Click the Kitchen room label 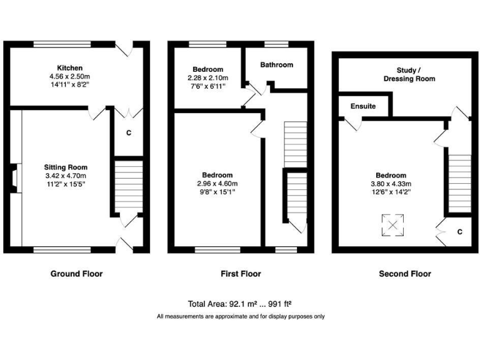pyautogui.click(x=69, y=67)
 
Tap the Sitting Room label pyautogui.click(x=66, y=167)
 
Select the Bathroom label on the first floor pyautogui.click(x=276, y=65)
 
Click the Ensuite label pyautogui.click(x=362, y=106)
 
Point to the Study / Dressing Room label pyautogui.click(x=407, y=74)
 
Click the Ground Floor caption pyautogui.click(x=77, y=274)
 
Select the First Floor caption pyautogui.click(x=241, y=274)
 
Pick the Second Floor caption pyautogui.click(x=405, y=274)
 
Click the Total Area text pyautogui.click(x=240, y=304)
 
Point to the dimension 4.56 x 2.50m pyautogui.click(x=69, y=76)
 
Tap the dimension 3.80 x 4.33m pyautogui.click(x=391, y=184)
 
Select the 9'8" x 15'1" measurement pyautogui.click(x=217, y=192)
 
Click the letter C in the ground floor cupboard pyautogui.click(x=128, y=132)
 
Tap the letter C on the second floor pyautogui.click(x=459, y=232)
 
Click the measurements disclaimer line pyautogui.click(x=240, y=316)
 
